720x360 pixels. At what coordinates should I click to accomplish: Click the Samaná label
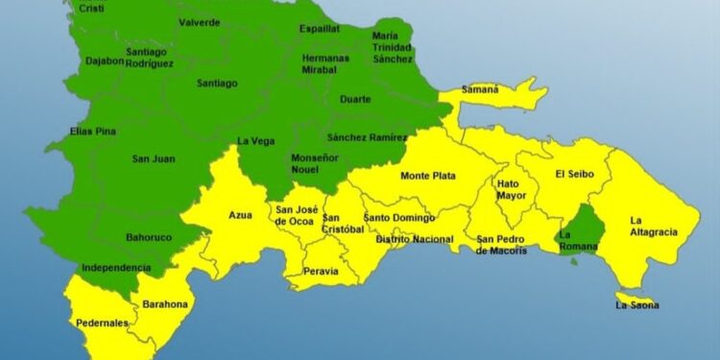(x=480, y=89)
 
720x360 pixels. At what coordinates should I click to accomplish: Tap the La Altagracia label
(x=654, y=226)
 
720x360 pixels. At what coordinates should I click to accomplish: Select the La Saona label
(x=637, y=306)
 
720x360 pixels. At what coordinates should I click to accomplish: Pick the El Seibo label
(x=575, y=174)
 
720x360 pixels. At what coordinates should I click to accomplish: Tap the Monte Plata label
(x=428, y=176)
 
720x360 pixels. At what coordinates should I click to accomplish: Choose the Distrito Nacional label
(x=414, y=239)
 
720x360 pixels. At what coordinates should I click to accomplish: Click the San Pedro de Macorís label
(x=502, y=245)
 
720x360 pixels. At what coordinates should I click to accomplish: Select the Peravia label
(x=321, y=271)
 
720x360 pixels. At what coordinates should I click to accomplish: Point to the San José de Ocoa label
(x=296, y=215)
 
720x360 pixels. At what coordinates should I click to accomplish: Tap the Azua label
(x=240, y=215)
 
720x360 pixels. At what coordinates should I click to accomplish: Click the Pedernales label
(x=104, y=324)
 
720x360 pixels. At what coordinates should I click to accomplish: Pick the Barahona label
(x=165, y=304)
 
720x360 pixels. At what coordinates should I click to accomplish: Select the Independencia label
(x=115, y=268)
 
